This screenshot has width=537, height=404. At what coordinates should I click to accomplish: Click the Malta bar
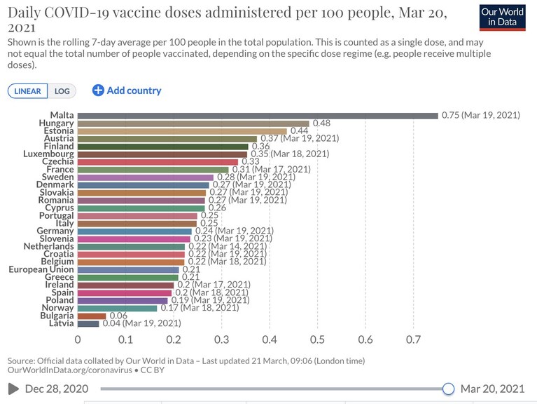pos(258,116)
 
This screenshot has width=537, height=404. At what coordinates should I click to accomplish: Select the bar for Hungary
pos(193,123)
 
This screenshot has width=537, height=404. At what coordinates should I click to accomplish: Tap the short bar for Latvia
pos(88,323)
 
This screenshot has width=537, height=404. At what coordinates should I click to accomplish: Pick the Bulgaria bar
pos(92,316)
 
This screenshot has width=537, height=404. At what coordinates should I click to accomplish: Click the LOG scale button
pos(62,91)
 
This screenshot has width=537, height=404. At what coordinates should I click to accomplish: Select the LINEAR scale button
pos(27,91)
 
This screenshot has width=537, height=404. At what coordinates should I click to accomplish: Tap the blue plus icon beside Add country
pos(98,90)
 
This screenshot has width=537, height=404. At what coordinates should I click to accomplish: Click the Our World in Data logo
pos(502,18)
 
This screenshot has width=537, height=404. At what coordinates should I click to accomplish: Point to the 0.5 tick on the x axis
pos(317,339)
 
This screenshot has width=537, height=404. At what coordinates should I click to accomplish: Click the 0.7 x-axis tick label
pos(413,339)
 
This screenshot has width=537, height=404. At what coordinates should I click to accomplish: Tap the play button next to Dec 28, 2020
pos(13,389)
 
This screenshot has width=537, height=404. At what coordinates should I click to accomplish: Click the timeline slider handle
pos(448,389)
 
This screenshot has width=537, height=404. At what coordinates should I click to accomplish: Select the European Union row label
pos(41,269)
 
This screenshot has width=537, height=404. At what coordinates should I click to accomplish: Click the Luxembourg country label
pos(48,154)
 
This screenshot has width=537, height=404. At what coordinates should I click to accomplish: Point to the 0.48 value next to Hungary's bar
pos(321,123)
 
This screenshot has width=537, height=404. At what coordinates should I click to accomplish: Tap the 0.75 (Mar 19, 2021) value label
pos(480,115)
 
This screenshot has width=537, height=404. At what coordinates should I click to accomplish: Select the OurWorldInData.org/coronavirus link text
pos(70,370)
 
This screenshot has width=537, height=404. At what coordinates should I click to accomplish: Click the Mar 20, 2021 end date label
pos(492,389)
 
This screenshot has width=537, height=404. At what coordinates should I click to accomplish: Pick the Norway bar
pos(117,309)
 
